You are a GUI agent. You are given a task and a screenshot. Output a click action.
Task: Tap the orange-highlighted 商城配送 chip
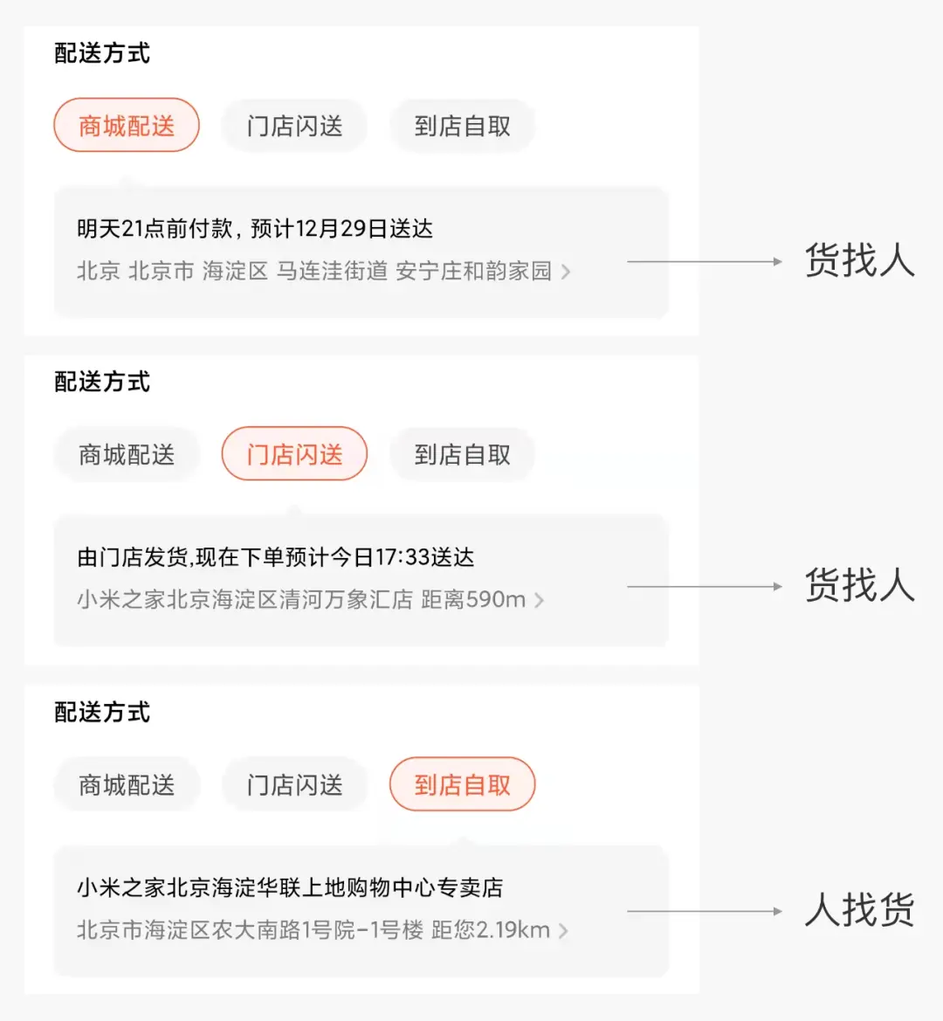127,126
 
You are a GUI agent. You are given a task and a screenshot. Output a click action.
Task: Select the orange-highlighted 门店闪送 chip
294,454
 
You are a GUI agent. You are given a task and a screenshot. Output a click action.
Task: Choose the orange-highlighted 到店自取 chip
462,784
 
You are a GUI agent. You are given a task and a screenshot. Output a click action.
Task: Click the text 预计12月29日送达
341,229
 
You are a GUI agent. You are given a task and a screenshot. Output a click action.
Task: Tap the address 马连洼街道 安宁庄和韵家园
414,272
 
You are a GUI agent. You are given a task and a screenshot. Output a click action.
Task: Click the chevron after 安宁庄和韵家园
566,272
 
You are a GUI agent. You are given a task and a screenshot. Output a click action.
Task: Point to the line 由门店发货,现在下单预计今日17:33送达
276,557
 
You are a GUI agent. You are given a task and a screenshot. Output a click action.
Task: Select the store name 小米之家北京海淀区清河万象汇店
244,600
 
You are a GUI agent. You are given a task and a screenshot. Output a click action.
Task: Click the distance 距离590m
473,600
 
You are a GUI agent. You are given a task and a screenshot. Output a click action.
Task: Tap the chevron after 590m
540,600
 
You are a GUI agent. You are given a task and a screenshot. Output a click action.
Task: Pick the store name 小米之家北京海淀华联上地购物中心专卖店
290,887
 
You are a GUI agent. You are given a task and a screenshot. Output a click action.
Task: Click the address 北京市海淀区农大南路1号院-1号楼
250,930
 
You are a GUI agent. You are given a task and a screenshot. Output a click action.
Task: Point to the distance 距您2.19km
491,930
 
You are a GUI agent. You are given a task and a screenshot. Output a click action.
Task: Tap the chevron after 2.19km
563,930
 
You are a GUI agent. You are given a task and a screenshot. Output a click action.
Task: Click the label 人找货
859,911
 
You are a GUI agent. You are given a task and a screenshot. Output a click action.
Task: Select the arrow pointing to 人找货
705,912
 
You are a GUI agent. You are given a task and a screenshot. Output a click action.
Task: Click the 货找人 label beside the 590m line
859,586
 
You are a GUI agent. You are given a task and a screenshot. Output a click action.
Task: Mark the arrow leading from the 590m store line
705,587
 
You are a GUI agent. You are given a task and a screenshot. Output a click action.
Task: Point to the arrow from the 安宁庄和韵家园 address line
705,261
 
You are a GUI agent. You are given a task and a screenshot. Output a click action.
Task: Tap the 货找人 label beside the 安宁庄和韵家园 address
859,260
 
